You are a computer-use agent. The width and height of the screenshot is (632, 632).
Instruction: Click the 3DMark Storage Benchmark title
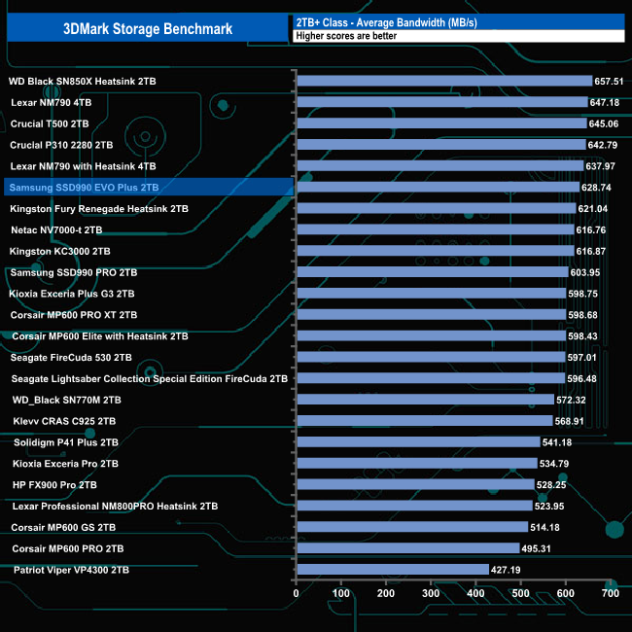click(147, 28)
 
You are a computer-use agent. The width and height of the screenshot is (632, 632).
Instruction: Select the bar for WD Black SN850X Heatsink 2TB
click(443, 82)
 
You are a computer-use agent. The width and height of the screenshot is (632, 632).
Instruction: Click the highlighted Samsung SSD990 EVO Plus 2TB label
click(83, 188)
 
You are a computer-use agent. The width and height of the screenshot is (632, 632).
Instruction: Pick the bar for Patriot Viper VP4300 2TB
click(392, 569)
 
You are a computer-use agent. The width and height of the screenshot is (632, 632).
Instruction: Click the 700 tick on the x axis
click(611, 592)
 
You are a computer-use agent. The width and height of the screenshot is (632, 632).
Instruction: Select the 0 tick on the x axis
click(297, 592)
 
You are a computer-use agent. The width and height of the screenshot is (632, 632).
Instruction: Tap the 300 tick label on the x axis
click(431, 592)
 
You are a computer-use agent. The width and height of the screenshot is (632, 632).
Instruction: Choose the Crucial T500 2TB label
click(50, 124)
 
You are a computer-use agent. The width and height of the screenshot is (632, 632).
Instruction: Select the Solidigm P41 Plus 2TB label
click(65, 441)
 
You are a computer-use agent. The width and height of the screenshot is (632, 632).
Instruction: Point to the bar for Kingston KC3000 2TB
click(435, 251)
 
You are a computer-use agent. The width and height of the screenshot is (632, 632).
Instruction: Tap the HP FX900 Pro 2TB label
click(54, 484)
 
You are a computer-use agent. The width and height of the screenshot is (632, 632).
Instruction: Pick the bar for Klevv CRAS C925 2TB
click(424, 421)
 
